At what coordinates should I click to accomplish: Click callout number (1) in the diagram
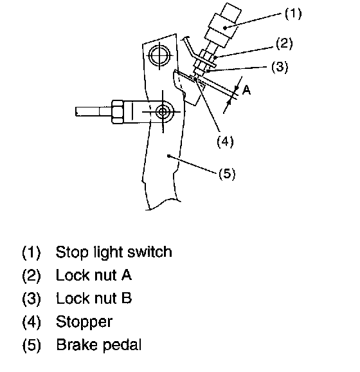(x=293, y=14)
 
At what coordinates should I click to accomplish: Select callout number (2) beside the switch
(x=284, y=43)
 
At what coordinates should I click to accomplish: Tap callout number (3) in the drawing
(x=280, y=67)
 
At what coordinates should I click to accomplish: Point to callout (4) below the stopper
(x=225, y=142)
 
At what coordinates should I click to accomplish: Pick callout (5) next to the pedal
(x=227, y=174)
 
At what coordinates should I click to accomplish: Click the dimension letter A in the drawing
(x=246, y=90)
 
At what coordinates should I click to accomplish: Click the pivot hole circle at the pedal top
(x=159, y=56)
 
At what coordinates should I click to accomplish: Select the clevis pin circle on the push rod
(x=163, y=112)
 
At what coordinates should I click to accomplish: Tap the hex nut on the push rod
(x=117, y=112)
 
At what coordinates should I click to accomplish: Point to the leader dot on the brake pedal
(x=168, y=156)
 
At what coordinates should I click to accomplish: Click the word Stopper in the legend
(x=84, y=322)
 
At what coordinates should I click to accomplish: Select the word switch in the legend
(x=150, y=252)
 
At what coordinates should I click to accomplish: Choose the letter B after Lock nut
(x=127, y=298)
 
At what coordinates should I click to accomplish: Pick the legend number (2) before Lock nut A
(x=32, y=275)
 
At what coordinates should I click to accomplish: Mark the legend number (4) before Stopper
(x=32, y=322)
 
